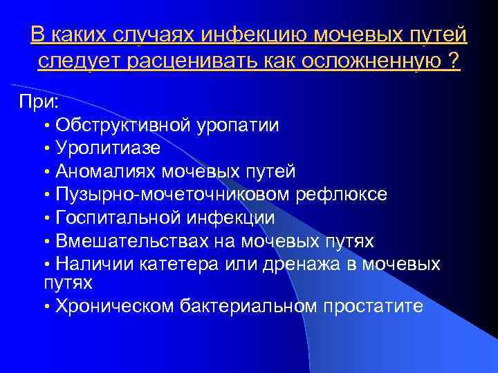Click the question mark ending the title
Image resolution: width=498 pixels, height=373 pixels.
click(x=454, y=62)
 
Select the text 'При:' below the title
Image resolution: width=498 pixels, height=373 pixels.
click(x=39, y=102)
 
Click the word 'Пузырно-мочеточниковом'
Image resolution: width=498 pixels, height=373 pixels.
click(x=172, y=194)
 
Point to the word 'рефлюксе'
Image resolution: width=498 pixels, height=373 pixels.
click(x=342, y=194)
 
